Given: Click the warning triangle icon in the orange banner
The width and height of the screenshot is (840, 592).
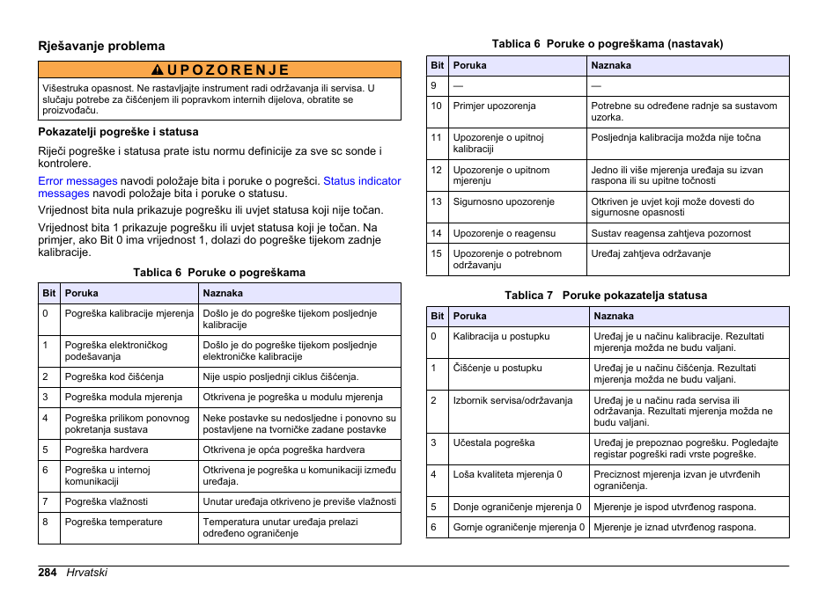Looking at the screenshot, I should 156,70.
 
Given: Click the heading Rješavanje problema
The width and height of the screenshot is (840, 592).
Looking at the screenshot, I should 101,46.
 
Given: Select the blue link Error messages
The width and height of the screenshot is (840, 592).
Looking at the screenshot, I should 77,181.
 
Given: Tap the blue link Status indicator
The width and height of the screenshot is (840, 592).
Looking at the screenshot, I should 362,181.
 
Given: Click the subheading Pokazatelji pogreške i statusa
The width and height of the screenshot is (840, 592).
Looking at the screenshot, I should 118,132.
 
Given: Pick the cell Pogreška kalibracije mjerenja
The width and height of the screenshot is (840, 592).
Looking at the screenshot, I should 129,314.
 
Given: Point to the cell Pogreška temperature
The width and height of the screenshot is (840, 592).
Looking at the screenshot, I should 114,522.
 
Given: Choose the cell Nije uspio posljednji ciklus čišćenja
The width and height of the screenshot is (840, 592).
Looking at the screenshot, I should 280,376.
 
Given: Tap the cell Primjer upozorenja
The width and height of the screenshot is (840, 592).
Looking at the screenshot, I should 494,106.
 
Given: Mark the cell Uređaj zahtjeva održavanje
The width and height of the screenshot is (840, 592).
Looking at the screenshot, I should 651,253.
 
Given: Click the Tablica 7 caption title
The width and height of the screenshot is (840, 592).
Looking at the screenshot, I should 606,296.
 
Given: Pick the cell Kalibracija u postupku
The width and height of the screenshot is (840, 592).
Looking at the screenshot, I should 501,336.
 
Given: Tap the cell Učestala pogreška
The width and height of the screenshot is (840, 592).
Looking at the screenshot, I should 494,442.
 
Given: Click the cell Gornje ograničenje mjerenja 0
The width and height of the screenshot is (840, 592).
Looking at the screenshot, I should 519,527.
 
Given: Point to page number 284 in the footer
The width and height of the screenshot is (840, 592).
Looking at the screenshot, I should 48,573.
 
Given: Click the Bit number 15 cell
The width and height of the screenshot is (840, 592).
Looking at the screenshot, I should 436,253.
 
